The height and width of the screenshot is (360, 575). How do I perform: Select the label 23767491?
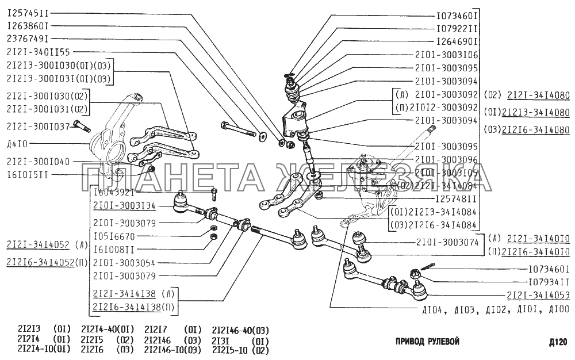click(x=28, y=39)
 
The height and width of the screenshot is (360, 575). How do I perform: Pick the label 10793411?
click(x=549, y=282)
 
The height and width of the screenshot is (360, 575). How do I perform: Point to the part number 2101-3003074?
click(x=446, y=243)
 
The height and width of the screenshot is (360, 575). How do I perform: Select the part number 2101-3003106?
click(x=446, y=55)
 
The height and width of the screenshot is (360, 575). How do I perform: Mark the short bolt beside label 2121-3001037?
click(x=80, y=125)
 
